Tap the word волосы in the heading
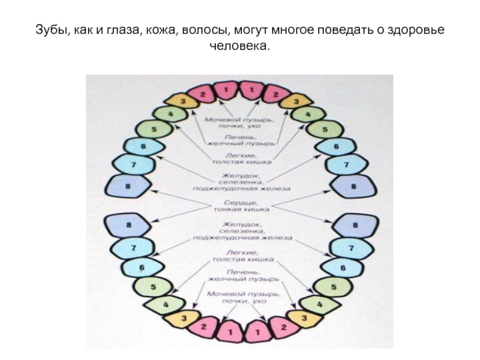point(202,30)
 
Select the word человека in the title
point(239,45)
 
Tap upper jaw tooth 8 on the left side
point(128,188)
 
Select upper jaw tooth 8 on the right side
point(353,188)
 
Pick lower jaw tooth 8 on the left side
point(128,226)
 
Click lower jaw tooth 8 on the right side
point(354,226)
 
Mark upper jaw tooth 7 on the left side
point(133,164)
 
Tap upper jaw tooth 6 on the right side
point(336,146)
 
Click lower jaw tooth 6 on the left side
point(142,267)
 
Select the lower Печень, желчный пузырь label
point(242,277)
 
